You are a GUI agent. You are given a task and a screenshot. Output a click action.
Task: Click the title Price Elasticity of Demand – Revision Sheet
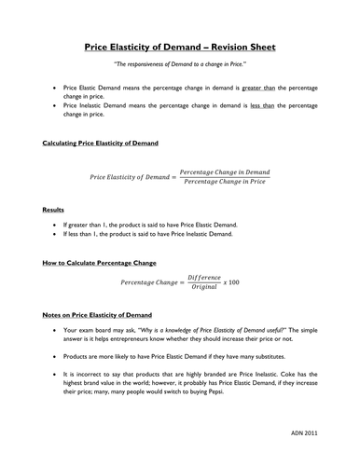click(x=180, y=48)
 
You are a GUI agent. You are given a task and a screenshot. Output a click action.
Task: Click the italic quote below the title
click(x=180, y=65)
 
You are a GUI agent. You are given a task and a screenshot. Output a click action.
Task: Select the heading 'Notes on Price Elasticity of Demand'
click(x=99, y=315)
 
